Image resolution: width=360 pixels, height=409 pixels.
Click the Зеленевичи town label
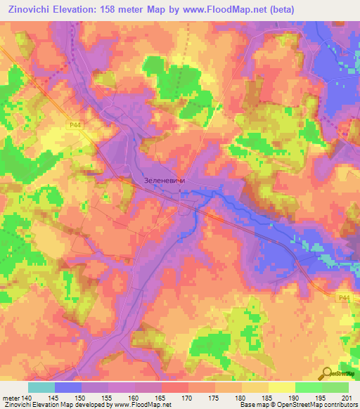(x=164, y=180)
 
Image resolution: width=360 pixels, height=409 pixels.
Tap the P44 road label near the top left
(x=75, y=125)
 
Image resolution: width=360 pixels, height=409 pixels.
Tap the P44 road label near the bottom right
(x=343, y=298)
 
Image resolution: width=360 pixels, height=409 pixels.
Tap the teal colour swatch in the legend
(x=41, y=387)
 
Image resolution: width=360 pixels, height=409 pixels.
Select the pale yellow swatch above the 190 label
(x=282, y=387)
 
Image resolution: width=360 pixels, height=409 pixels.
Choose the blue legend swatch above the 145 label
(x=68, y=387)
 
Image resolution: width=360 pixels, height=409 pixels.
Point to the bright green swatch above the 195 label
(x=309, y=387)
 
